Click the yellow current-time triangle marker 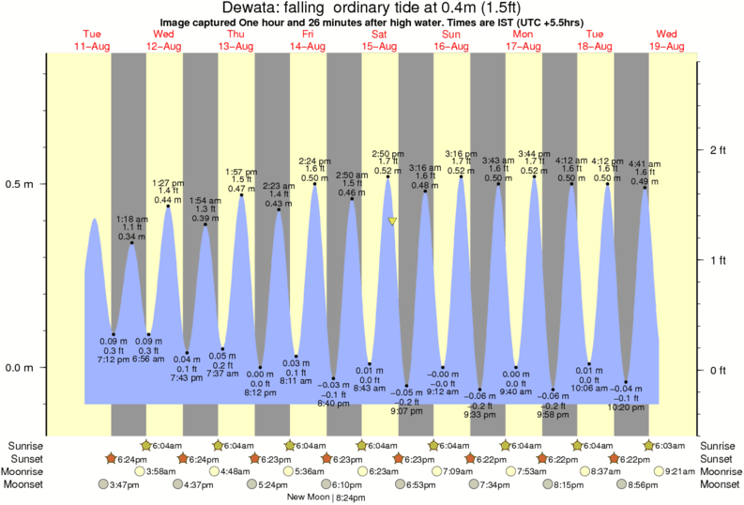(392, 222)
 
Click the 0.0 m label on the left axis (21, 368)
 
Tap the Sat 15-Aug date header (380, 40)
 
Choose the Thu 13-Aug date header (236, 40)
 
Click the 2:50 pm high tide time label (387, 154)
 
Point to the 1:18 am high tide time (131, 219)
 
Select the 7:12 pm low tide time (114, 360)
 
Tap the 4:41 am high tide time (645, 164)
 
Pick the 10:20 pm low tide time (627, 406)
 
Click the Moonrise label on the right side (721, 471)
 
